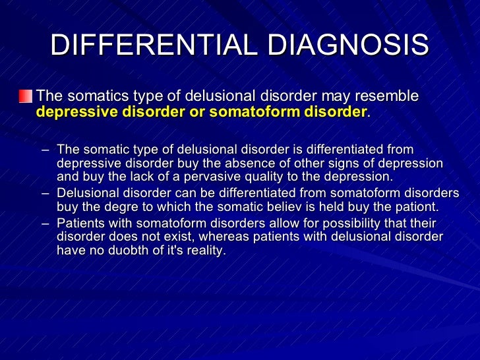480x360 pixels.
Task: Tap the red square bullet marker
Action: point(25,96)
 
